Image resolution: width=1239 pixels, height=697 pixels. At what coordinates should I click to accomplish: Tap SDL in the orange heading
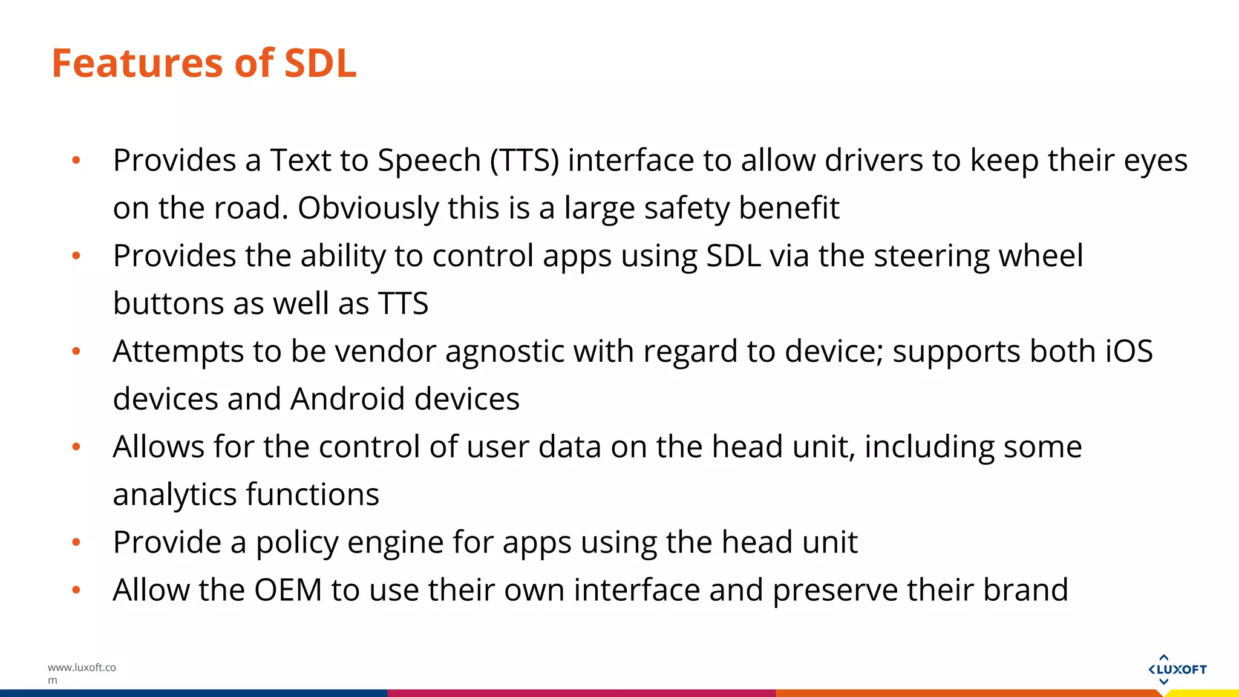tap(320, 63)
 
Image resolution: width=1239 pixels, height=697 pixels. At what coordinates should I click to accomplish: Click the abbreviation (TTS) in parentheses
tap(525, 161)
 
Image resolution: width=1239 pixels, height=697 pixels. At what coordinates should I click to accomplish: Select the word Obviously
tap(368, 209)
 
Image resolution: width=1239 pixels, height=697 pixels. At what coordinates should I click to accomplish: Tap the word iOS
tap(1129, 351)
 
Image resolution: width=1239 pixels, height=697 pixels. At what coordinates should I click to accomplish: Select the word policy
tap(296, 543)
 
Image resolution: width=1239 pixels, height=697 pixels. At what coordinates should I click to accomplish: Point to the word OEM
tap(288, 590)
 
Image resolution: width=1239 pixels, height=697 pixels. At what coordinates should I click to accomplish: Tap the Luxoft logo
tap(1177, 669)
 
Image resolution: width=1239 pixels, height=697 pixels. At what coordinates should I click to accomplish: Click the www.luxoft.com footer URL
tap(82, 673)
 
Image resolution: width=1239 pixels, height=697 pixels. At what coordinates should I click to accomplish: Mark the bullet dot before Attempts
tap(76, 352)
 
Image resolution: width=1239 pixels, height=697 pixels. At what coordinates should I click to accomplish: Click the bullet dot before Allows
tap(76, 447)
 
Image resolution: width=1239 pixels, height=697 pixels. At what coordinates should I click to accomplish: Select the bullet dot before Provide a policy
tap(76, 543)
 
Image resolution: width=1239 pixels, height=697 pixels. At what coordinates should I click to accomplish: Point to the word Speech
tap(429, 161)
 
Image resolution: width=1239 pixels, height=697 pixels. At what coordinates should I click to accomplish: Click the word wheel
tap(1041, 256)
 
